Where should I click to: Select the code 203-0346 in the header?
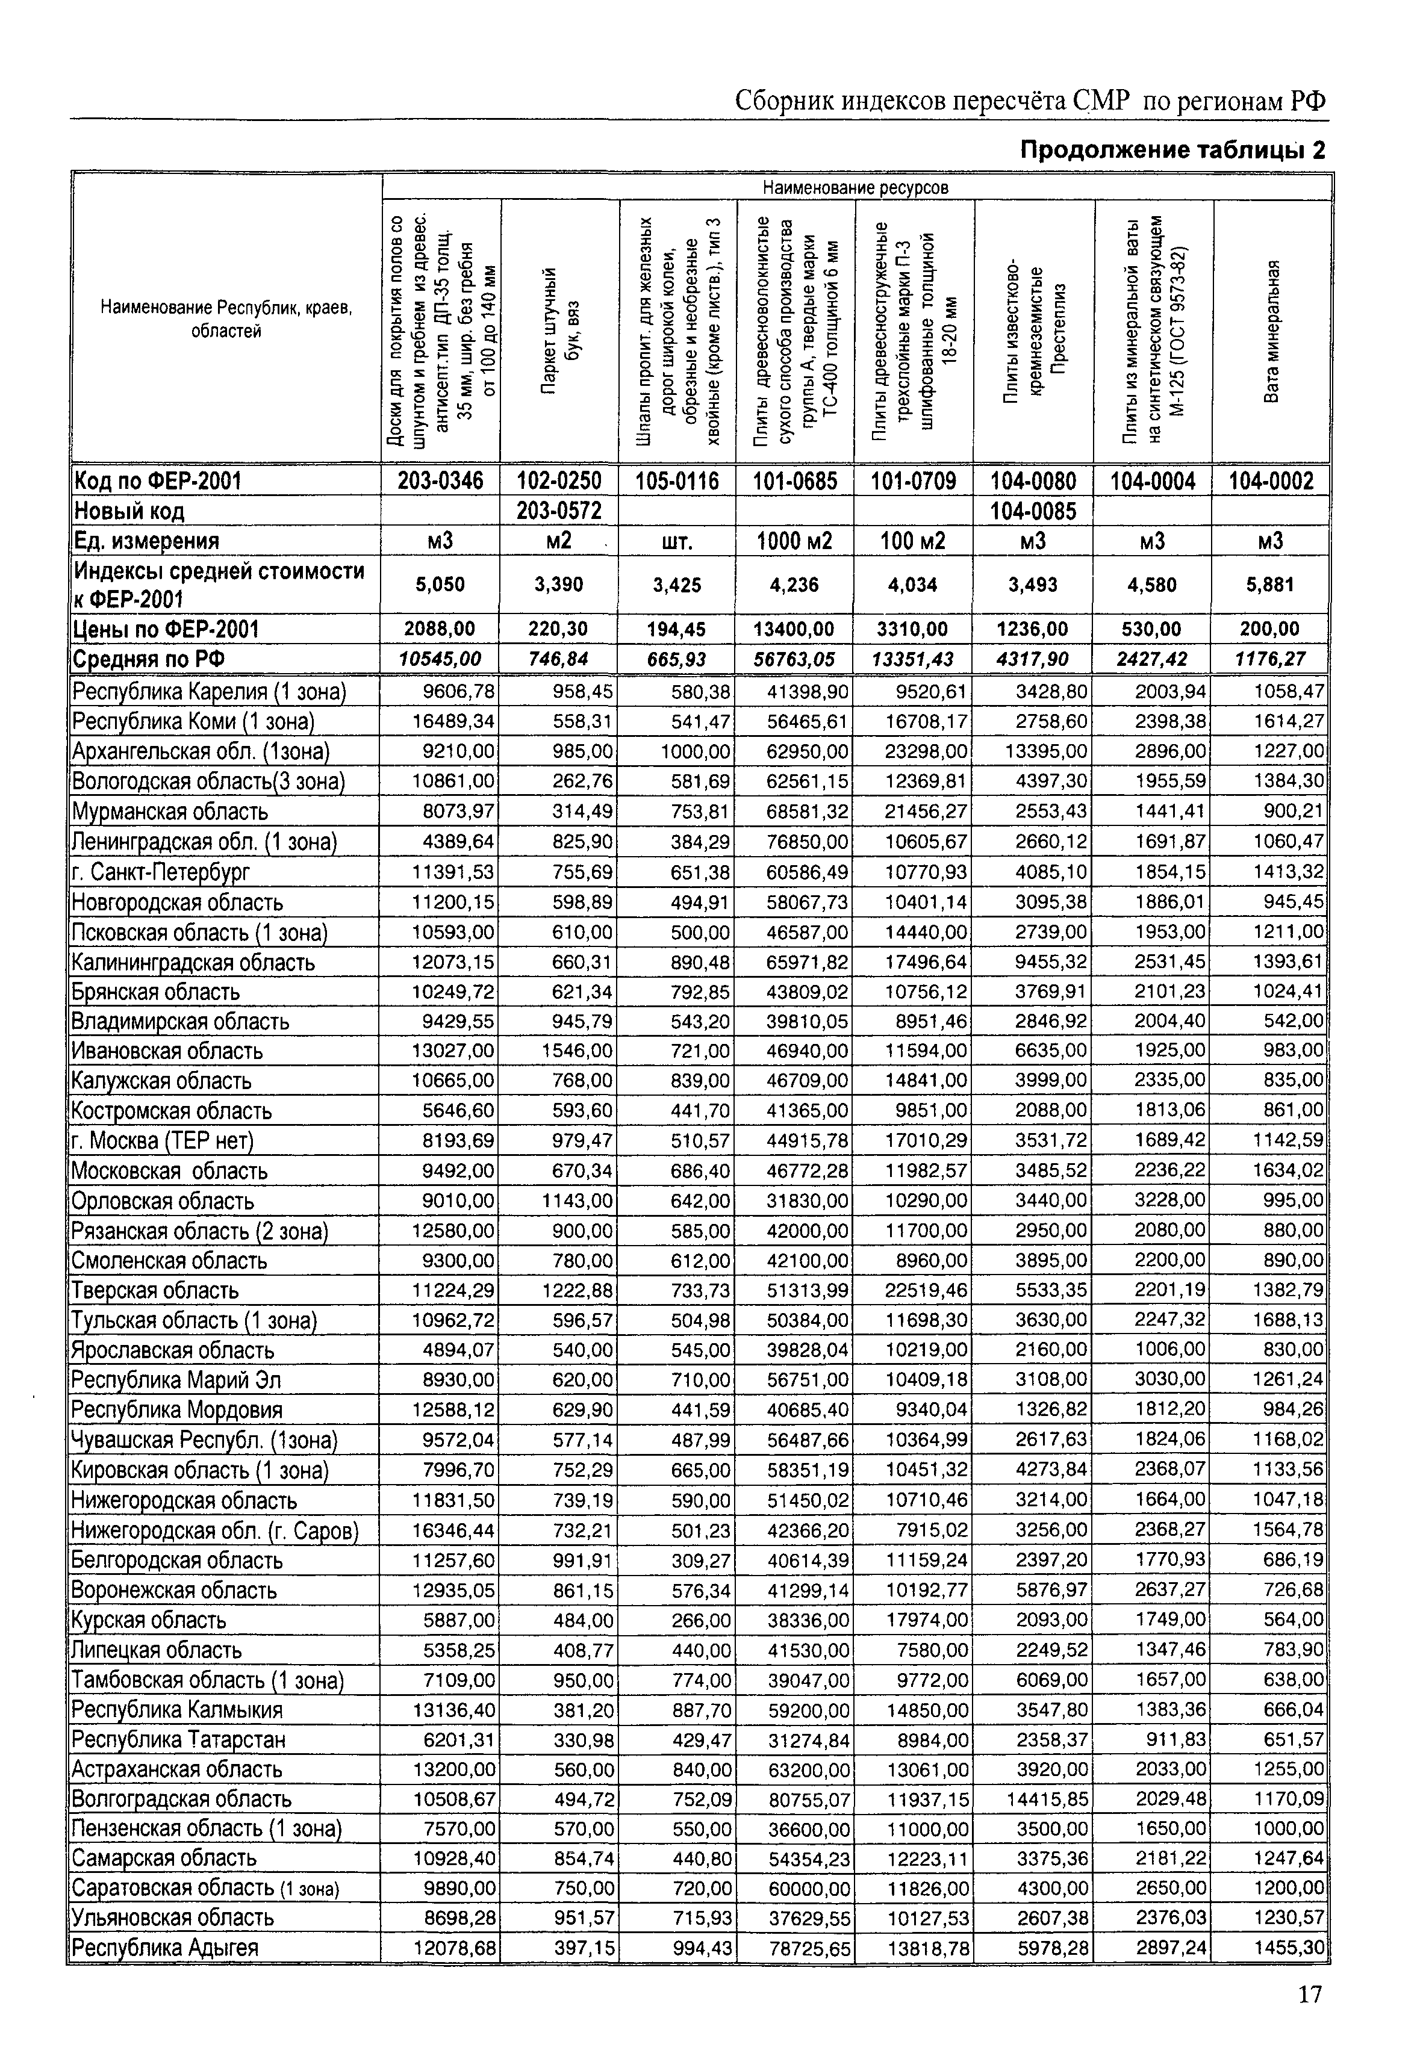(x=440, y=481)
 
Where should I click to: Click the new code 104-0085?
(x=1033, y=511)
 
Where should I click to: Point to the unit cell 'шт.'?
(x=677, y=541)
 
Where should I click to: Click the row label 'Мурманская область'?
(x=169, y=812)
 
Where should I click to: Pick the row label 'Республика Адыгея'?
(x=165, y=1948)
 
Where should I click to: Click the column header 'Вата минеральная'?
(x=1272, y=332)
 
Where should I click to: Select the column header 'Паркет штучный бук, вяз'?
(x=560, y=332)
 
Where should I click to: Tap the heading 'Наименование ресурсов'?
(x=855, y=187)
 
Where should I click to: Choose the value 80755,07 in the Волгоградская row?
(x=808, y=1799)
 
